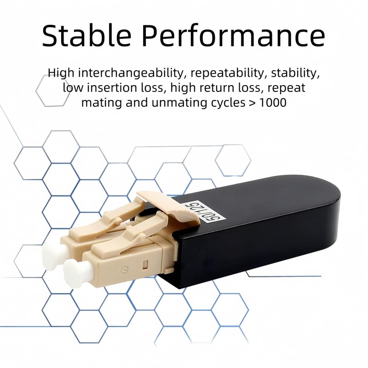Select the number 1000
pos(273,102)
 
